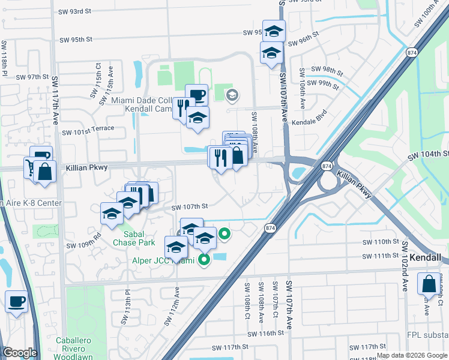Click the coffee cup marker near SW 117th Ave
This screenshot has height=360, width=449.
[x=16, y=301]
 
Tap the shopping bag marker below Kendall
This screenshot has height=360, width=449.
[x=430, y=285]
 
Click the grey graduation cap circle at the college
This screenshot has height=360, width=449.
[x=232, y=95]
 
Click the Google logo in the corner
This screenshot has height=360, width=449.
[x=20, y=353]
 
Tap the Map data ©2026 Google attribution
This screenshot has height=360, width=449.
[x=411, y=355]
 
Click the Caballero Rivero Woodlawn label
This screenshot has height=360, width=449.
[x=77, y=347]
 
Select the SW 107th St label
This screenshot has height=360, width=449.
[x=189, y=206]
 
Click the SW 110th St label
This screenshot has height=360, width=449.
[x=381, y=242]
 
